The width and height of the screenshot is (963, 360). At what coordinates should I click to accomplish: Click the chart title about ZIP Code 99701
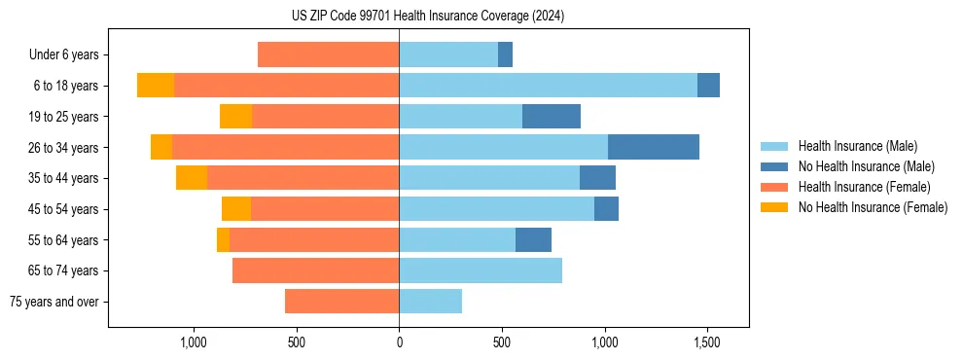(428, 17)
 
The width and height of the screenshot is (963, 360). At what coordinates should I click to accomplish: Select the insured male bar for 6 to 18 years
(548, 86)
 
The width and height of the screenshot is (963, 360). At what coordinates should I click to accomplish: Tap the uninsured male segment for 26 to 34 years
(654, 147)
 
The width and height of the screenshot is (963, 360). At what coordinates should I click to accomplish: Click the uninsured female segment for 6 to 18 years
(156, 86)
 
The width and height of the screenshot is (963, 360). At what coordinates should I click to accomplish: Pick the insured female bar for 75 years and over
(341, 302)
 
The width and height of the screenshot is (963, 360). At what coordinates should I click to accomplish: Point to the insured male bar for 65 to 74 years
(481, 270)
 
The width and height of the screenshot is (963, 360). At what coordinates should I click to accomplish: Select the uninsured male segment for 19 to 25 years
(552, 117)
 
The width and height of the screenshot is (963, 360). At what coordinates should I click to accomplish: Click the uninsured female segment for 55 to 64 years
(223, 239)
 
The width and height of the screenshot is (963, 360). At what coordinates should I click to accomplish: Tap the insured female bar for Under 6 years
(328, 54)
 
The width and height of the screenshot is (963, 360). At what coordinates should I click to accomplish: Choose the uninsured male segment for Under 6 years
(505, 54)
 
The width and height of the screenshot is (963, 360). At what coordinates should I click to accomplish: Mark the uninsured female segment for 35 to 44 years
(192, 178)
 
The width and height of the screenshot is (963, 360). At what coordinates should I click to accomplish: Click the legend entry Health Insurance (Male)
(857, 146)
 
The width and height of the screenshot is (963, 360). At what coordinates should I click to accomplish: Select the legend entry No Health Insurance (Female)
(873, 207)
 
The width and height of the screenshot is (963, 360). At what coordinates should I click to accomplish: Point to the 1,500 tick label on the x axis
(707, 342)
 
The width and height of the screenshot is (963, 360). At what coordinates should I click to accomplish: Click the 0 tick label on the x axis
(399, 342)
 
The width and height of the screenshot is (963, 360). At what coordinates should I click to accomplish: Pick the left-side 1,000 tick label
(194, 342)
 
